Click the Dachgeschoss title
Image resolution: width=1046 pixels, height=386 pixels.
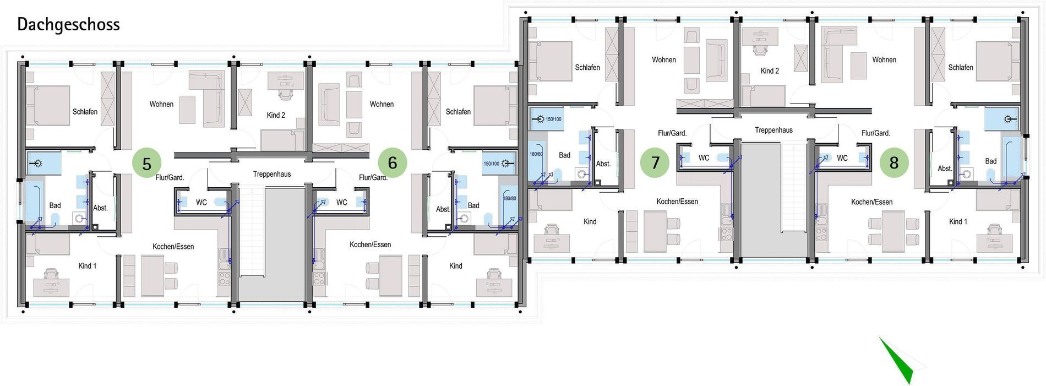(x=68, y=25)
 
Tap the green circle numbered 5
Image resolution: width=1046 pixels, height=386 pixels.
(x=146, y=164)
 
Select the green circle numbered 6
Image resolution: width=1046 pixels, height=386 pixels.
(x=393, y=162)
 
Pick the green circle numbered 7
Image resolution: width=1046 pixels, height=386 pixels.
(x=655, y=162)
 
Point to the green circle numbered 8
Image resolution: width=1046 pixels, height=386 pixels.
(x=894, y=162)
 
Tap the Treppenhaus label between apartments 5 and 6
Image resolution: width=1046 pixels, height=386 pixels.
(x=272, y=174)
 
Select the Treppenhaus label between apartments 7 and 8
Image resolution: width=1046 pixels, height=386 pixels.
(x=773, y=130)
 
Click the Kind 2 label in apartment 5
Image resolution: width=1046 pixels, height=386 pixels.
(x=276, y=115)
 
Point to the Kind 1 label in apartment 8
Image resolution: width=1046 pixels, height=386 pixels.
(x=958, y=221)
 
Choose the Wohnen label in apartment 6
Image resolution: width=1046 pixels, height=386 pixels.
(x=382, y=104)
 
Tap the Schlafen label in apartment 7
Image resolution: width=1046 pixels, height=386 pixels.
(x=587, y=67)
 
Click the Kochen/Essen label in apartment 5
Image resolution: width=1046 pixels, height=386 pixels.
(x=173, y=246)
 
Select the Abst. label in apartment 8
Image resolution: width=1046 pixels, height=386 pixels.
(x=945, y=168)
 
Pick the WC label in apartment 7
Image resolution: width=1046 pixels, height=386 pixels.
(x=704, y=158)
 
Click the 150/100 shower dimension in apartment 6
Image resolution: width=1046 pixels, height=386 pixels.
(x=491, y=164)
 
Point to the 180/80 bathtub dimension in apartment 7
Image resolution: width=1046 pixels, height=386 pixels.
(x=536, y=154)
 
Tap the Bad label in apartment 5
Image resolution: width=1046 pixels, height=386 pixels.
(x=55, y=205)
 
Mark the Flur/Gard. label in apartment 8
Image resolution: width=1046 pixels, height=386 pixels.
(x=875, y=133)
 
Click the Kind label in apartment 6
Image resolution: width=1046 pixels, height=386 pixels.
(x=456, y=265)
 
